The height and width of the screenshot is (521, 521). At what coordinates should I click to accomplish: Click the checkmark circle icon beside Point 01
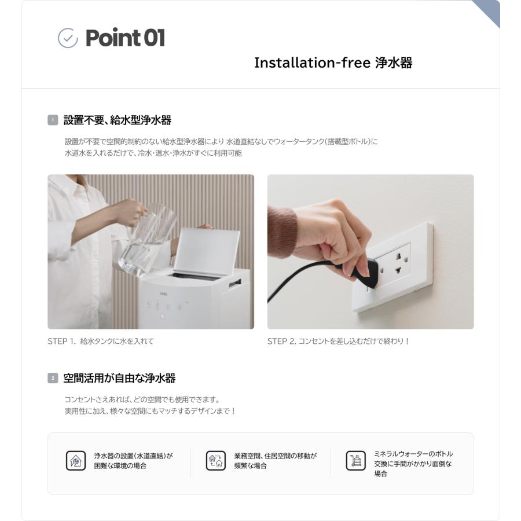coord(68,38)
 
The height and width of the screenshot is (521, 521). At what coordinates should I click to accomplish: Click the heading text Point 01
coord(125,38)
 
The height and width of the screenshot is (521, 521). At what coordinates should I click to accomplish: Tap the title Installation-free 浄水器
coord(333,63)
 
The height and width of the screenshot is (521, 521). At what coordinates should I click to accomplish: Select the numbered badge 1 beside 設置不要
coord(52,120)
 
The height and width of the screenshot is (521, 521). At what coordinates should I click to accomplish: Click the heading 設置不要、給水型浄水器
coord(118,120)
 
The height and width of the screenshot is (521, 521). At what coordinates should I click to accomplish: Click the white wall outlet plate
coord(399,266)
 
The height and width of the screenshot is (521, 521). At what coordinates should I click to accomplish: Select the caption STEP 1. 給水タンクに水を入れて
coord(101,342)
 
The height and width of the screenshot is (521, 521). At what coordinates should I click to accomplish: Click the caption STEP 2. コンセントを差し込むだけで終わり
coord(338,342)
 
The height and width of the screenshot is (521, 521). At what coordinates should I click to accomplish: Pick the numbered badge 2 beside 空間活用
coord(52,379)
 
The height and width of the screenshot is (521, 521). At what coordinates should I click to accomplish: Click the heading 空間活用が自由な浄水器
coord(119,379)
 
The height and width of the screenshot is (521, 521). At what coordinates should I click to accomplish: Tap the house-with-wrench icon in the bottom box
coord(75,461)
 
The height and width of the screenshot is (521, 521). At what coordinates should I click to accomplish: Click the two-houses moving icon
coord(216,461)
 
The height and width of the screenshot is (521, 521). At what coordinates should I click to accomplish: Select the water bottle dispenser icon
coord(355,461)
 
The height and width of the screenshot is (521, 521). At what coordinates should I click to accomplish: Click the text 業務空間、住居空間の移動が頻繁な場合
coord(275,461)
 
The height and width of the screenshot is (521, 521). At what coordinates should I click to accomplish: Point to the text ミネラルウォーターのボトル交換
coord(413,458)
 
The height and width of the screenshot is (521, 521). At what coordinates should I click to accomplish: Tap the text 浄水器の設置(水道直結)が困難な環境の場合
coord(134,461)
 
